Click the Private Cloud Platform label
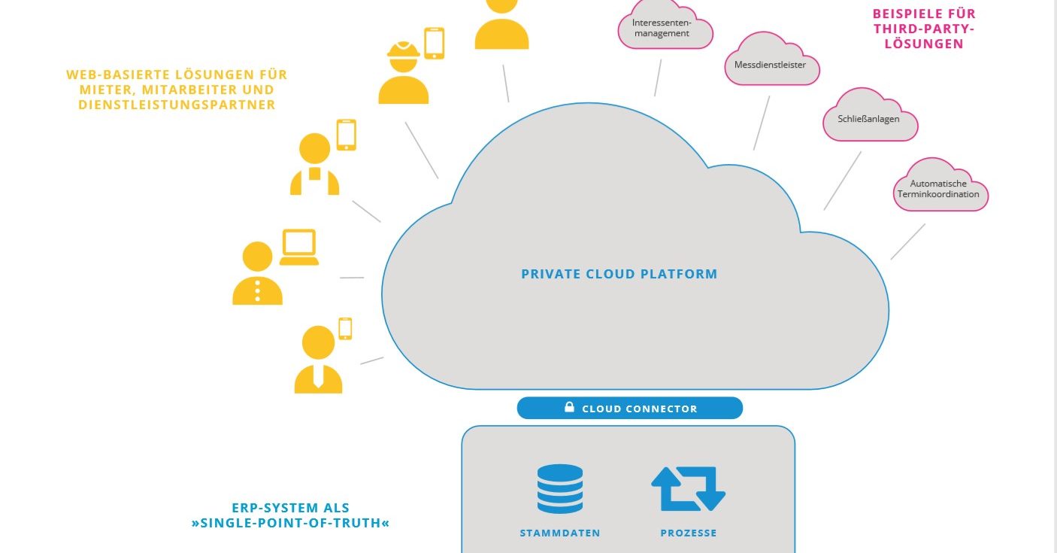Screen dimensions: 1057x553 (x=619, y=274)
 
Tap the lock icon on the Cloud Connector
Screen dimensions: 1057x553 (x=570, y=407)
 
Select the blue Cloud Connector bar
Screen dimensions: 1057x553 (x=630, y=408)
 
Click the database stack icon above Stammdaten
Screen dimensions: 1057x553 (x=560, y=489)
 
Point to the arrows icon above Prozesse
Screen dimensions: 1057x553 (x=689, y=489)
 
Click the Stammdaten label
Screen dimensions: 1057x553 (x=560, y=533)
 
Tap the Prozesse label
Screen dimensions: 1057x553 (x=689, y=533)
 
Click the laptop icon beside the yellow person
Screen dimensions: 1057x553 (x=299, y=247)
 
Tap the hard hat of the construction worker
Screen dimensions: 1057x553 (x=404, y=50)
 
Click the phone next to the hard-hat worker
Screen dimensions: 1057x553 (x=434, y=44)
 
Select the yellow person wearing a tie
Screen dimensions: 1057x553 (x=319, y=360)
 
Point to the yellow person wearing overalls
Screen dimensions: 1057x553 (x=315, y=164)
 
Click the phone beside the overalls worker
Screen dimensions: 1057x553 (x=347, y=135)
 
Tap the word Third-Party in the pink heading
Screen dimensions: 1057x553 (x=924, y=29)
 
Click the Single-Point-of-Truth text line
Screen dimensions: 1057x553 (x=291, y=523)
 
